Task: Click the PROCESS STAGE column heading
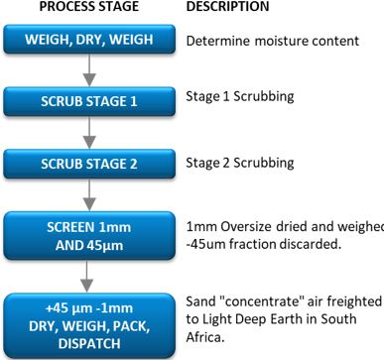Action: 90,8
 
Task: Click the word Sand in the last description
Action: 201,300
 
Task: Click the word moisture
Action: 279,44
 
